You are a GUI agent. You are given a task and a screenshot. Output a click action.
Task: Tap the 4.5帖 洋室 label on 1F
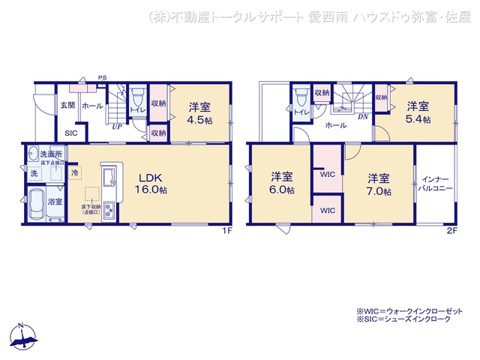pyautogui.click(x=199, y=112)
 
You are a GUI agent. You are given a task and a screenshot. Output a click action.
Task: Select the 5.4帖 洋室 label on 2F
pyautogui.click(x=418, y=113)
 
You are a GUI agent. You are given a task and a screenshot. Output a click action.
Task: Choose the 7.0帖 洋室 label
pyautogui.click(x=378, y=184)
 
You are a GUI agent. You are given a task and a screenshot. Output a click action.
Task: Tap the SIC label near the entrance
pyautogui.click(x=70, y=133)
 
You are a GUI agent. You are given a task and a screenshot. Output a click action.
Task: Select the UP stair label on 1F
pyautogui.click(x=117, y=127)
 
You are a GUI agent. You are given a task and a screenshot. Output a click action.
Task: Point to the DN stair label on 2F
pyautogui.click(x=361, y=116)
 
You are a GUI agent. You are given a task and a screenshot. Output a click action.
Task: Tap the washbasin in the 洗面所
pyautogui.click(x=34, y=154)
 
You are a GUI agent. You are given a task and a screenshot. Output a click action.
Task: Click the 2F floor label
pyautogui.click(x=451, y=230)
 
